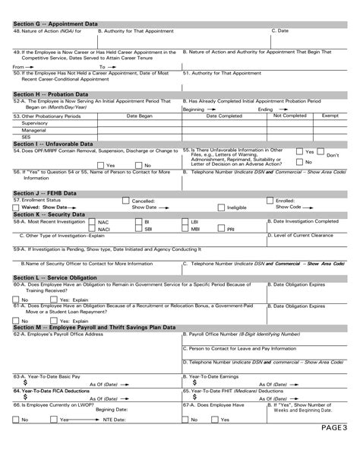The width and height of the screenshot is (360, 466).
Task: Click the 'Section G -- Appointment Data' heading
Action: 55,24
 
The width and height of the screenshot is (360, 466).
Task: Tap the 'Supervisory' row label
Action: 35,123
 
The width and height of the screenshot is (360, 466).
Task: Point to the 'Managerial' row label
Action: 33,130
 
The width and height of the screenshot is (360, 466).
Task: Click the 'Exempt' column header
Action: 330,116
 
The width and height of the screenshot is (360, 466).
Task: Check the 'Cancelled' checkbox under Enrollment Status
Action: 125,201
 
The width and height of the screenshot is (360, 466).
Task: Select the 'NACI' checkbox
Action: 93,228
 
